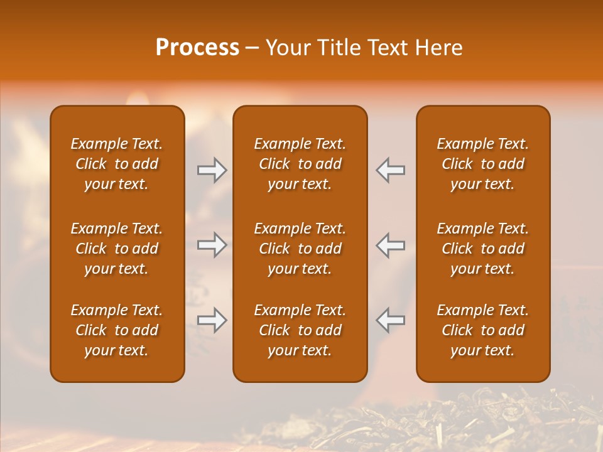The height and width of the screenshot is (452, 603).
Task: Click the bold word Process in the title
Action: [197, 48]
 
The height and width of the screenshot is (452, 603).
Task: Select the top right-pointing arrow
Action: [212, 169]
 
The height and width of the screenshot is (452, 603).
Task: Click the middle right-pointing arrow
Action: [212, 245]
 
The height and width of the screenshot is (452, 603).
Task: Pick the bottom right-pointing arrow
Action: [212, 320]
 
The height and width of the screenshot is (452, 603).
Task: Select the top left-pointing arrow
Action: [391, 169]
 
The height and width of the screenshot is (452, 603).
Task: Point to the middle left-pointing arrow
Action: [391, 245]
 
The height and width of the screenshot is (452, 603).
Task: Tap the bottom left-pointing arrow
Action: [391, 320]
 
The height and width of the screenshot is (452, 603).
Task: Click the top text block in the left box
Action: [117, 164]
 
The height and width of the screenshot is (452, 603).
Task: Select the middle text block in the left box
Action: [117, 249]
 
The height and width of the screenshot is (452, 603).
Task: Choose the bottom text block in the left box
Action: [117, 330]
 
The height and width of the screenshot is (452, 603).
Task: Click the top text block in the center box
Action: [300, 164]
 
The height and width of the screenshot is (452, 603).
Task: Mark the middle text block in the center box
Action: [300, 249]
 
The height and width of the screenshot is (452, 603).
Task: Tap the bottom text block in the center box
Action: [300, 330]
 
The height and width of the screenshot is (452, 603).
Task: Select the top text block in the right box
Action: [482, 164]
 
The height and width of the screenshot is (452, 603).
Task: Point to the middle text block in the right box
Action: [482, 249]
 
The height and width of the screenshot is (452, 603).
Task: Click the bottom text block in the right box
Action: [482, 330]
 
